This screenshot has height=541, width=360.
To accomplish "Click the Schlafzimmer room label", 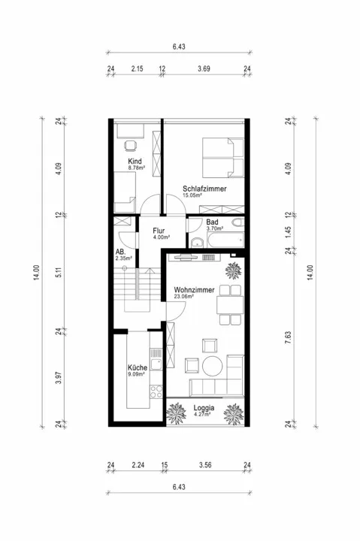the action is click(x=204, y=189).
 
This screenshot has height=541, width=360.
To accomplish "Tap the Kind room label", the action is click(x=135, y=161).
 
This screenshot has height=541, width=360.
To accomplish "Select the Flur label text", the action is click(x=159, y=231).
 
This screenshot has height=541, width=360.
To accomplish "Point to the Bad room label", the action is click(x=212, y=222).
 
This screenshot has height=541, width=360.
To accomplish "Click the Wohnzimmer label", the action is click(x=194, y=290).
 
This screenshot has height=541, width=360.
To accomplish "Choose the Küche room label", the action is click(x=138, y=367).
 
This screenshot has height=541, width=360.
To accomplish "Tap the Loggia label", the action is click(x=204, y=407).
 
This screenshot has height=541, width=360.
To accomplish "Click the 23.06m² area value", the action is click(x=183, y=296).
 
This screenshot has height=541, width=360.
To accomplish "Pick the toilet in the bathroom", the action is click(x=238, y=222).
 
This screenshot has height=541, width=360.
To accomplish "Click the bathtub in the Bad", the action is click(x=225, y=240).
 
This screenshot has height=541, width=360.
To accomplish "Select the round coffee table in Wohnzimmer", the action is click(x=212, y=366).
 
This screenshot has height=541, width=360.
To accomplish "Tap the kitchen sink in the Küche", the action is click(x=156, y=364).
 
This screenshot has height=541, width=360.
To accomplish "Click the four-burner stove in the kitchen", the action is click(x=156, y=391).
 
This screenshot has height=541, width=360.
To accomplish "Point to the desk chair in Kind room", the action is click(x=130, y=146).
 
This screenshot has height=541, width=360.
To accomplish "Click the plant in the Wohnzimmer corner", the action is click(x=233, y=270).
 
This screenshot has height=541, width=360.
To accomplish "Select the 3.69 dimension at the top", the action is click(x=204, y=68).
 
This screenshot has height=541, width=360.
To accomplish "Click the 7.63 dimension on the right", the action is click(x=288, y=337).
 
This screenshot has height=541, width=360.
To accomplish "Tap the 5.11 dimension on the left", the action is click(x=59, y=272).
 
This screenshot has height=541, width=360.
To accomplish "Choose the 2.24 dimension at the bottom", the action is click(x=138, y=465).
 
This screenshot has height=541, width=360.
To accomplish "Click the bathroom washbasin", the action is click(x=198, y=243).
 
